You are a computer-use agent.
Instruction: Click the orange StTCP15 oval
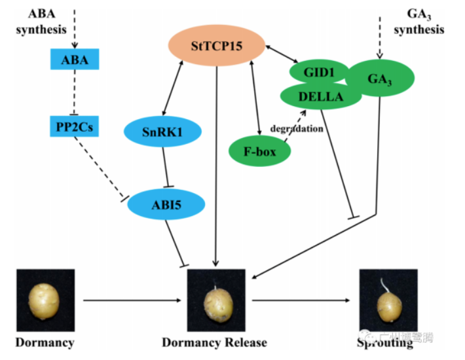(x=216, y=46)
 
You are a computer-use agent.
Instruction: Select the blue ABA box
(x=74, y=61)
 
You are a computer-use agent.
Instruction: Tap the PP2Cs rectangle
(x=74, y=126)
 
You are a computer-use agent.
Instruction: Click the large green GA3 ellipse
(x=380, y=79)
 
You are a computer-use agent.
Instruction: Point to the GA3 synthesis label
(x=420, y=21)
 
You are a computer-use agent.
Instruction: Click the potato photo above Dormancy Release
(x=217, y=301)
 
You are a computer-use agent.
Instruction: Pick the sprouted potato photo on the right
(x=388, y=301)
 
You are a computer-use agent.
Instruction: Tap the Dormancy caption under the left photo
(x=45, y=342)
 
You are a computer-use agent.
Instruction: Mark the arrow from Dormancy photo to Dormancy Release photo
(x=131, y=300)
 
